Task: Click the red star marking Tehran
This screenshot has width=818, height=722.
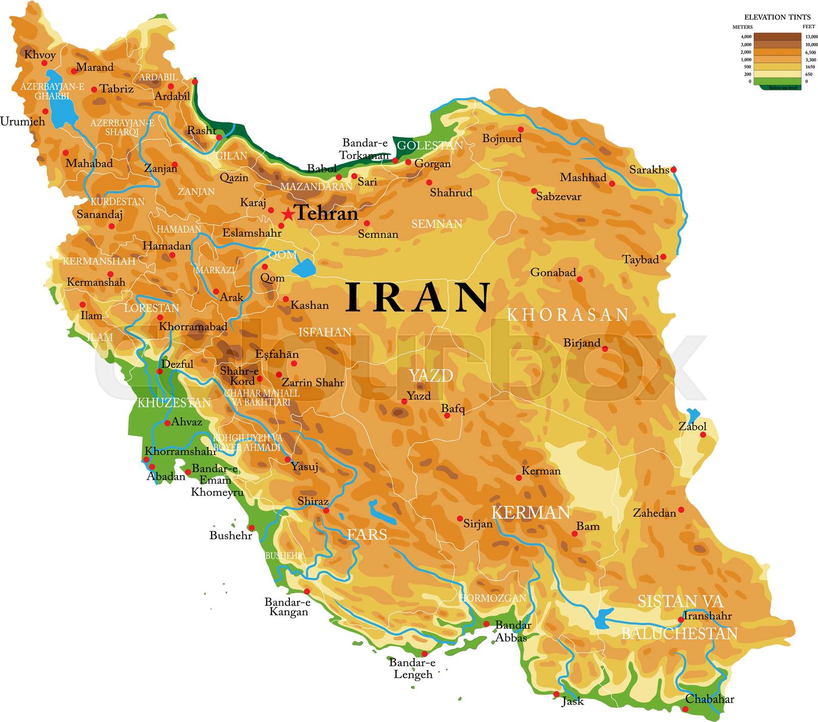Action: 288,214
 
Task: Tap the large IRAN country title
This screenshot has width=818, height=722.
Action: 418,297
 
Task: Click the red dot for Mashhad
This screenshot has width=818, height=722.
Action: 612,184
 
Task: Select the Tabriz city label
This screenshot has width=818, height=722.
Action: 117,89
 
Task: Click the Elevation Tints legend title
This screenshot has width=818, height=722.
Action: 777,17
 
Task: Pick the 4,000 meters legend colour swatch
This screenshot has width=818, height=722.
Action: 777,37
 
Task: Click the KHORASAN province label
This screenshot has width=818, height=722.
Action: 567,315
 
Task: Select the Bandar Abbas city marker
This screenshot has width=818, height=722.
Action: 486,624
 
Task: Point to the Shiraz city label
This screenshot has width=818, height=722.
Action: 313,501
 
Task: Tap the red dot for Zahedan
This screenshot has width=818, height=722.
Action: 681,510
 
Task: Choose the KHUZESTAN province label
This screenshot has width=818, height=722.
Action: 174,403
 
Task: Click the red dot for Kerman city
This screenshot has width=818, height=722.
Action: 519,478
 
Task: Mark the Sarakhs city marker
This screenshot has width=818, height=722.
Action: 673,169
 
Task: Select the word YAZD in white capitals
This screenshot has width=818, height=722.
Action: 431,376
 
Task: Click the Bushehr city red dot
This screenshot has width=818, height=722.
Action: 252,528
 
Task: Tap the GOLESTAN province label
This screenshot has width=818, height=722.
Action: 429,146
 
